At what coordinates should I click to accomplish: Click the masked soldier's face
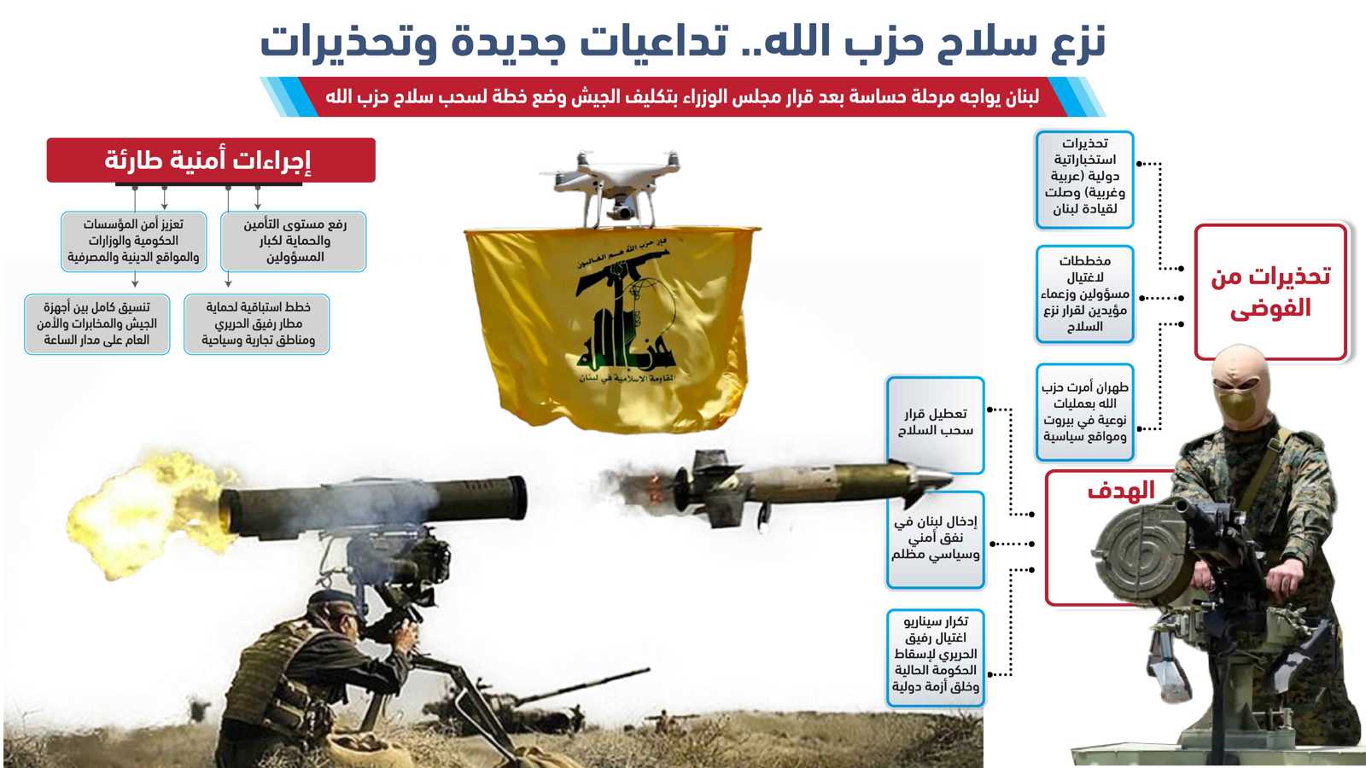(x=1238, y=389)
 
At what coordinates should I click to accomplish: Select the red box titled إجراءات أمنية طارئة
(x=211, y=160)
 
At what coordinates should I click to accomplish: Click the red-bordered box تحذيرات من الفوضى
(x=1271, y=292)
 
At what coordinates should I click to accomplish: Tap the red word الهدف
(x=1121, y=491)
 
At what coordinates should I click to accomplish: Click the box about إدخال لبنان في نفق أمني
(x=935, y=539)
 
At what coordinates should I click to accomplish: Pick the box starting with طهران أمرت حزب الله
(x=1085, y=412)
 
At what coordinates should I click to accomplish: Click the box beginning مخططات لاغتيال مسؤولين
(x=1085, y=294)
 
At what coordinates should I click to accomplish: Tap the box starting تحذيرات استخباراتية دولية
(x=1085, y=179)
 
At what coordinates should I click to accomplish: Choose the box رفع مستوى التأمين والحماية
(x=294, y=241)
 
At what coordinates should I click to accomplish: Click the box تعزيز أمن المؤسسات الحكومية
(x=133, y=241)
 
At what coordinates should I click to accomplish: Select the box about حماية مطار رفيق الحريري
(x=257, y=324)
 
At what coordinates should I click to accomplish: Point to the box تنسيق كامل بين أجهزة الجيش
(x=97, y=324)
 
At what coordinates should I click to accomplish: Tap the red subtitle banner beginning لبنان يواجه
(x=682, y=96)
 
